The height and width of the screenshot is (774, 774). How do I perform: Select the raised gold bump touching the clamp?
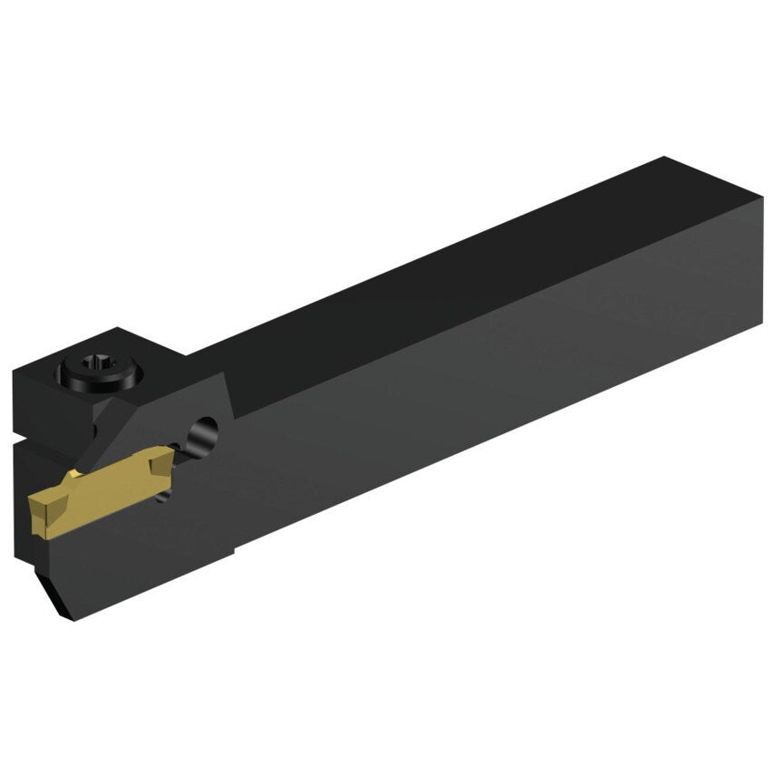click(76, 476)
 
